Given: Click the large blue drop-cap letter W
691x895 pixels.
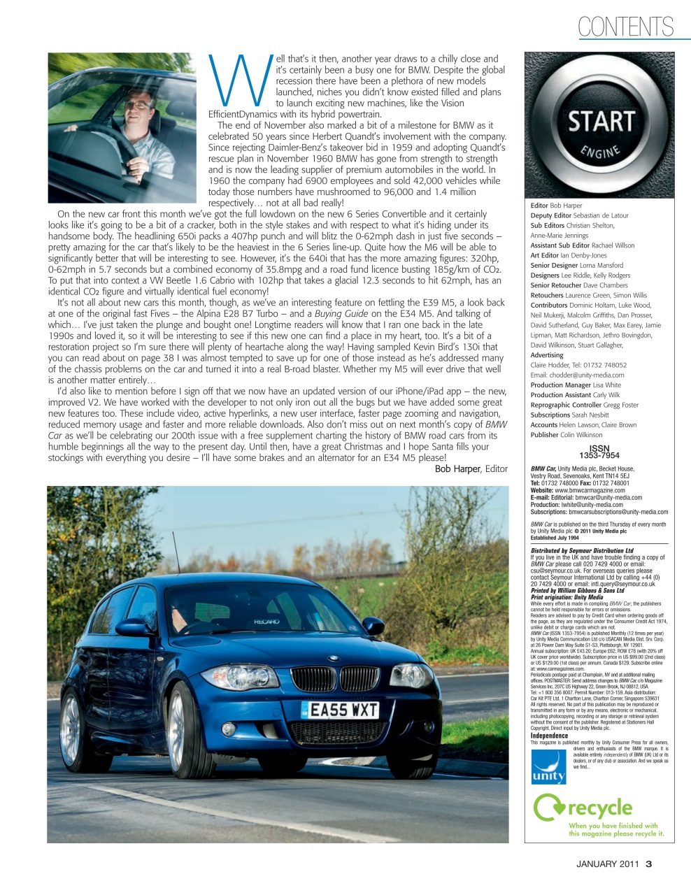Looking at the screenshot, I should (x=240, y=79).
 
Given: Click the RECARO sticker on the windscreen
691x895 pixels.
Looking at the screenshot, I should (x=266, y=621).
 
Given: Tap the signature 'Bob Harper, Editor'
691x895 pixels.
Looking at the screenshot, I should (x=471, y=468).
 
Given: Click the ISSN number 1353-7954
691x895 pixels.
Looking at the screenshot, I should (x=599, y=452).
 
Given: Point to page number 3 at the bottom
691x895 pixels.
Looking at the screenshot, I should (x=648, y=864).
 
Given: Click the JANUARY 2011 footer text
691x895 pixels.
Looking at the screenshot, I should (x=607, y=864).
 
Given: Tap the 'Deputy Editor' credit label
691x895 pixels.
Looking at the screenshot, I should (x=550, y=216).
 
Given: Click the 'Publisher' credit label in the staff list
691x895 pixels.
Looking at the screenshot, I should (x=545, y=435).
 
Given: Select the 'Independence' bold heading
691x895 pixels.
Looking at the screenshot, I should (x=548, y=736).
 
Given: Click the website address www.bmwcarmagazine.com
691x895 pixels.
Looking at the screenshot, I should (x=589, y=491).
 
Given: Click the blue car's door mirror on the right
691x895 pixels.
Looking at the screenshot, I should (x=373, y=625).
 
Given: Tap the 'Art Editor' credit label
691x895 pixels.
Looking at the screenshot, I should (x=544, y=256).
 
